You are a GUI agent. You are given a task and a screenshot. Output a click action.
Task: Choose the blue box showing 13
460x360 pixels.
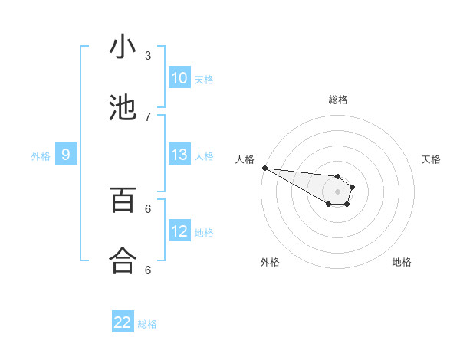[x=179, y=155]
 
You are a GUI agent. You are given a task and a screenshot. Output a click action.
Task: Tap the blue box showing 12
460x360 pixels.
[x=179, y=231]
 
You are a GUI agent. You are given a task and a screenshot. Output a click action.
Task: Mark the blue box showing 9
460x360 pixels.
[x=66, y=155]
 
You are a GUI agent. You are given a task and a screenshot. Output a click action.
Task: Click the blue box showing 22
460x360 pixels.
[x=123, y=322]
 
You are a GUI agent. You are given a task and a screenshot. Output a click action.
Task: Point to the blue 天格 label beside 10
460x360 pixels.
[x=204, y=79]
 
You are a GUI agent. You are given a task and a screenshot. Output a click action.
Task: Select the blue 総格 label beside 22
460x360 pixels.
[x=147, y=324]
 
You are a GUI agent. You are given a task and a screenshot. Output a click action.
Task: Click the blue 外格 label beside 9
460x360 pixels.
[x=41, y=156]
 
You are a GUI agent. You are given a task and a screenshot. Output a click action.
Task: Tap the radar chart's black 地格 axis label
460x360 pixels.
[x=402, y=262]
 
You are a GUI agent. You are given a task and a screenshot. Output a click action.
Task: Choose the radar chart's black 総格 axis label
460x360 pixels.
[x=338, y=100]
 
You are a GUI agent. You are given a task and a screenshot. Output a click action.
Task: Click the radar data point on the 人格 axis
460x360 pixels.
[x=264, y=168]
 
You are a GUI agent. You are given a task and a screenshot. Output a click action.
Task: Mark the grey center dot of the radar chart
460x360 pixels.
[x=337, y=191]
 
